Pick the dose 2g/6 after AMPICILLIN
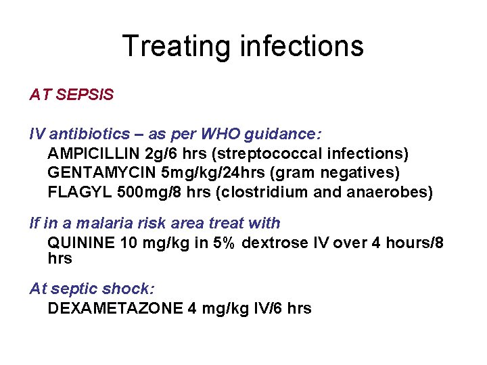pos(169,154)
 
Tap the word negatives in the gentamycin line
pos(358,173)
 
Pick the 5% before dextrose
pos(225,242)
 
